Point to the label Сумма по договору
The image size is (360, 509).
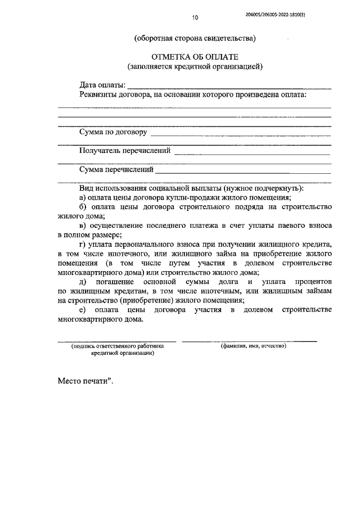tap(114, 133)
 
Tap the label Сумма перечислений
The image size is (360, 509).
tap(116, 169)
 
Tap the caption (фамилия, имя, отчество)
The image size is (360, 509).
tap(254, 346)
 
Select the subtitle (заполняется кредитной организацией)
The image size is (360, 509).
tap(195, 67)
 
